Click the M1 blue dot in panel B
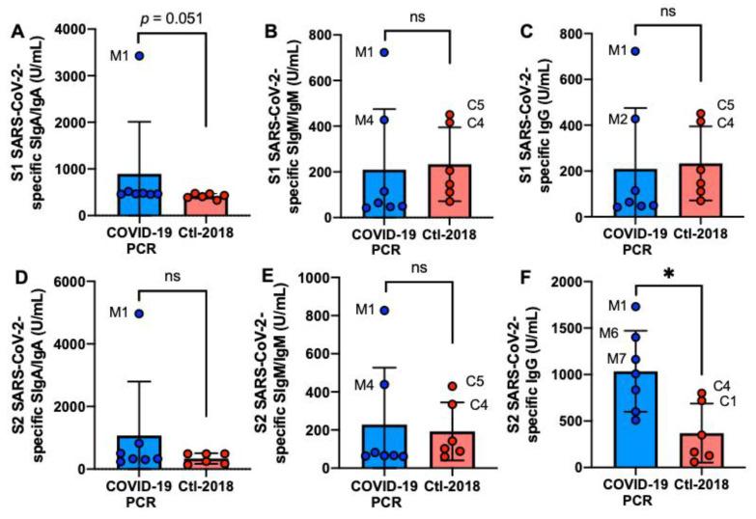coord(383,51)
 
